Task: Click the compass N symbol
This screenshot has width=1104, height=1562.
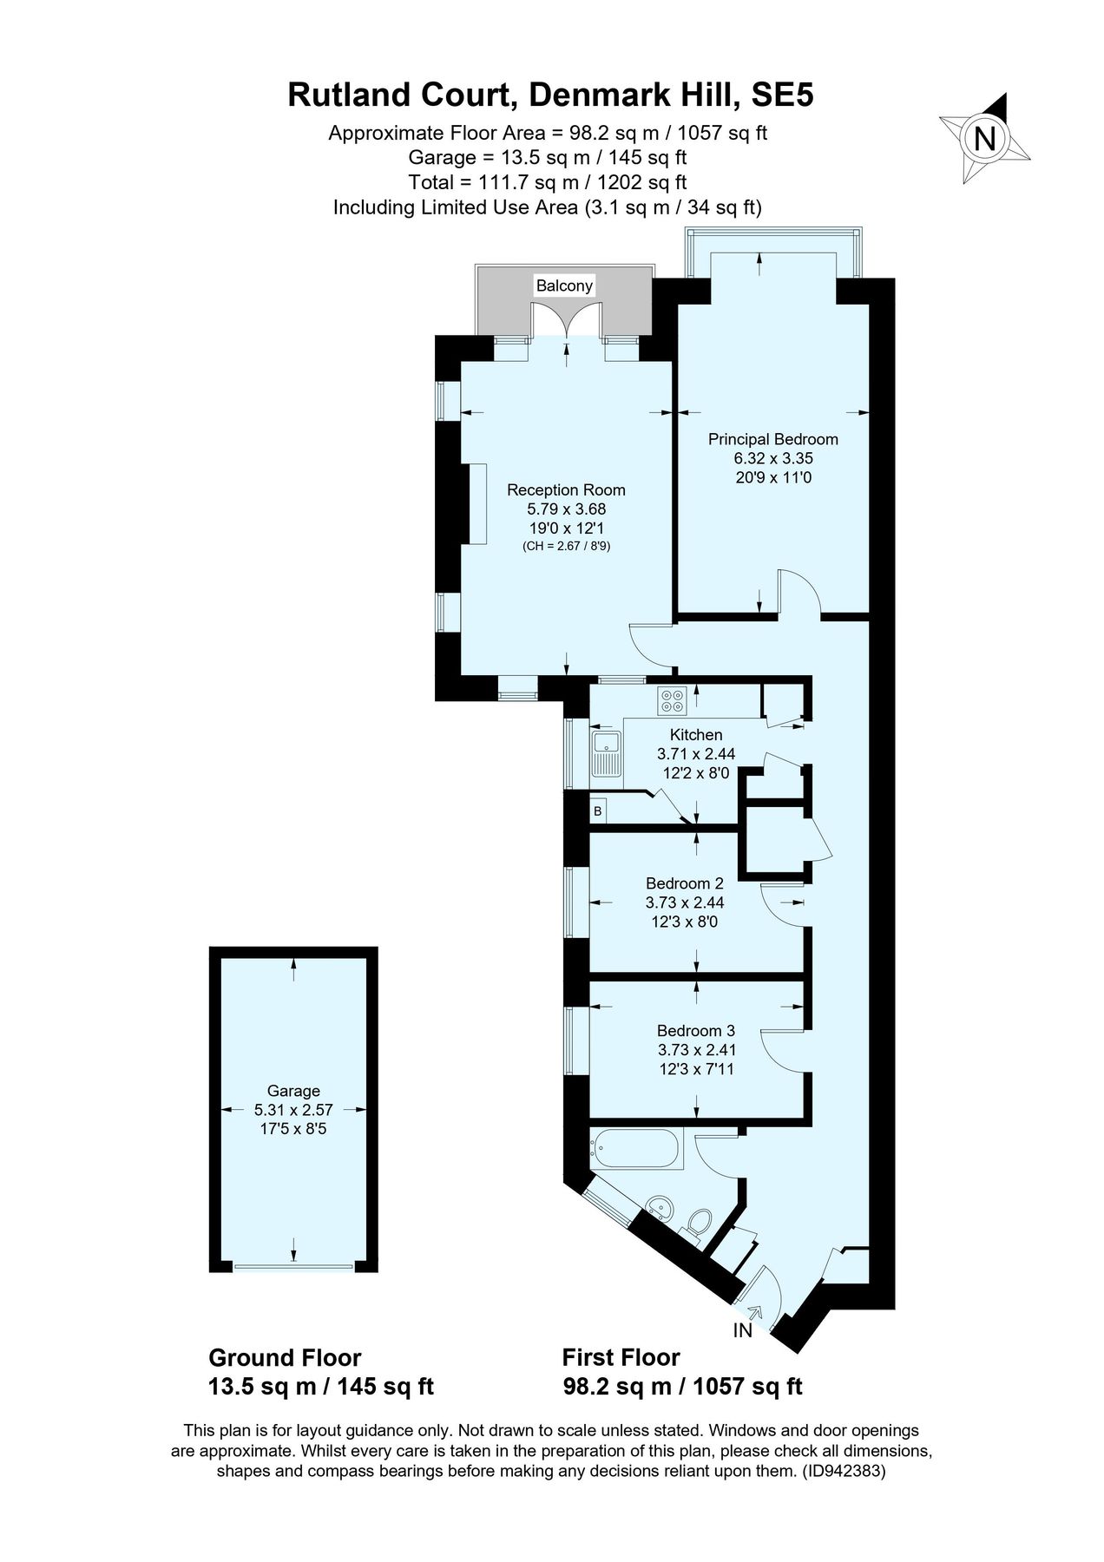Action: click(984, 139)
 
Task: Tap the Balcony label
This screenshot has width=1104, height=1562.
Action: click(564, 285)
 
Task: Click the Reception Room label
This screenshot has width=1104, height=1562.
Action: click(566, 489)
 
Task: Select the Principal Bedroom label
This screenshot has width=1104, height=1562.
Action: click(772, 439)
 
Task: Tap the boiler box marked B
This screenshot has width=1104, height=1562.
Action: click(597, 811)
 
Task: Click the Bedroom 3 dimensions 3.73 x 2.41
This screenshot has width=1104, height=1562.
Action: click(696, 1050)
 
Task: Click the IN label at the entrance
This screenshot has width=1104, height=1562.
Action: click(742, 1330)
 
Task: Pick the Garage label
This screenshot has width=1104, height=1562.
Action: click(293, 1091)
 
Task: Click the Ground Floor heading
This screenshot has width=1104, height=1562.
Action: click(285, 1358)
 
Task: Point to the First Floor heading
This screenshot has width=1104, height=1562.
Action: click(621, 1358)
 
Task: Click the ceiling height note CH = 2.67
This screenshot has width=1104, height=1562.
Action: click(566, 547)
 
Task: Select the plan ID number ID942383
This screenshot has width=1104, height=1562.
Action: click(842, 1471)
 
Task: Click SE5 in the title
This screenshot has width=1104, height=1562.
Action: click(782, 95)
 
